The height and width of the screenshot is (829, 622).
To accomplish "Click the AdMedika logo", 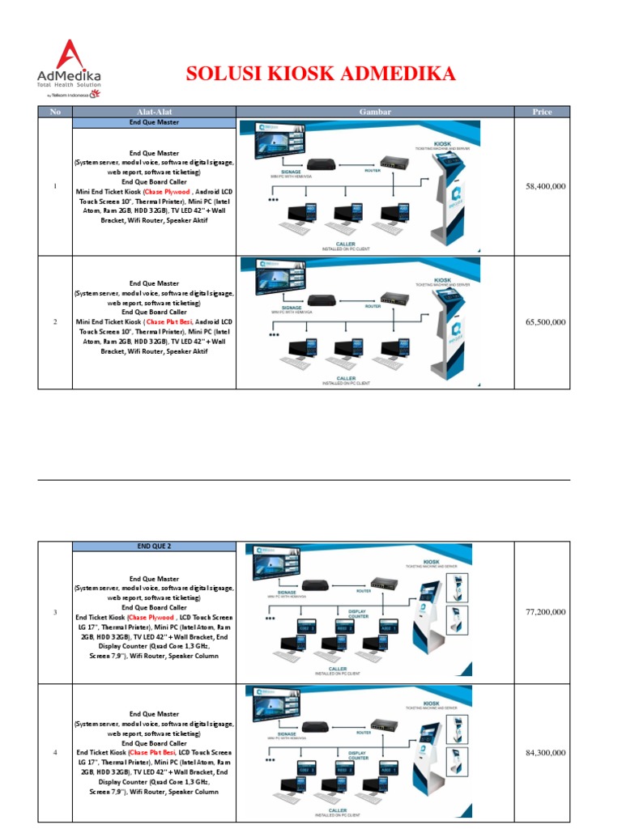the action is point(69,70).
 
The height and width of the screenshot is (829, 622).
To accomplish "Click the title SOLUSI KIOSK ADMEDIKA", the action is point(321,74).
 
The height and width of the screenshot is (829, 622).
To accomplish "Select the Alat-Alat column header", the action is point(153,112).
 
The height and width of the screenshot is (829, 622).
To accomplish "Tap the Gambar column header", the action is point(375,112).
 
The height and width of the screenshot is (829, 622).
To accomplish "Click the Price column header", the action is point(542,112).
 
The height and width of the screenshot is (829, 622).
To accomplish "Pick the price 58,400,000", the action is point(545,186).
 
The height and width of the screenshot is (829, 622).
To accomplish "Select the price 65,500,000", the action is point(545,321).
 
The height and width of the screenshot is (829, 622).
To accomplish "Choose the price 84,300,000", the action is point(545,753).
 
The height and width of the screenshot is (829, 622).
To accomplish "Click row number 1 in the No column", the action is point(55,187).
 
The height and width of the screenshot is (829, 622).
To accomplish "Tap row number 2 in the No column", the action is point(55,322).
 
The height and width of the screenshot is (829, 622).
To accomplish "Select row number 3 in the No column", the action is point(55,612).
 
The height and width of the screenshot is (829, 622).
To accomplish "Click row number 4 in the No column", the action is point(55,754).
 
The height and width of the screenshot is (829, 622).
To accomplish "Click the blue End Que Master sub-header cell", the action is point(154,122).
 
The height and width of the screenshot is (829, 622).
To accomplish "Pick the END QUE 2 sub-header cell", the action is point(154,546).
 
